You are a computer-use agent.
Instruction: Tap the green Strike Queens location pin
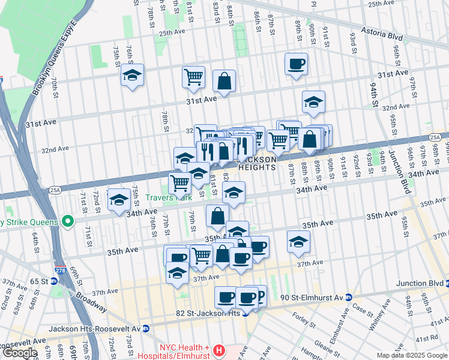68,221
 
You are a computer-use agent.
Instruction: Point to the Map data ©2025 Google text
411,355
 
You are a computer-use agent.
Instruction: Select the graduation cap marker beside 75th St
132,76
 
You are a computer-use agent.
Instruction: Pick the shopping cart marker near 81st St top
193,77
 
